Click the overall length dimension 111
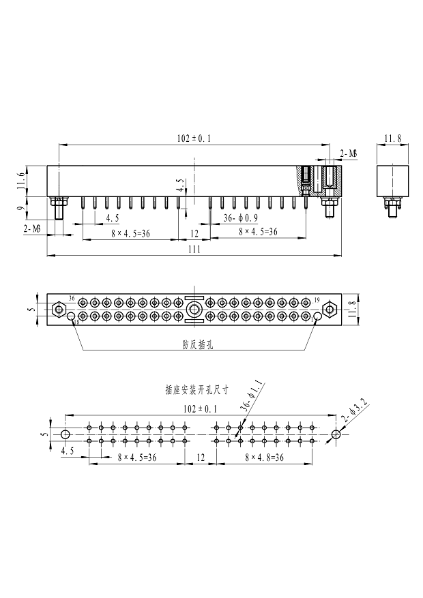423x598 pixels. [194, 250]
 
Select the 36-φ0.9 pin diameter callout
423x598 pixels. [241, 218]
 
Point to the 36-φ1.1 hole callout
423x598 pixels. [252, 396]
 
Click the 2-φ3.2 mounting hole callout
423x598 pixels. [355, 412]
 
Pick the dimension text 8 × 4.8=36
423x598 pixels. [264, 458]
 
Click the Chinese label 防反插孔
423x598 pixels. [198, 345]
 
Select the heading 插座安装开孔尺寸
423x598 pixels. [196, 390]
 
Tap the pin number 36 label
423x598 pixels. [72, 298]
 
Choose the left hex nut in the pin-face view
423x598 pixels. [59, 308]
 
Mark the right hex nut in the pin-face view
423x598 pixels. [329, 308]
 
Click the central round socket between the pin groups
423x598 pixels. [194, 308]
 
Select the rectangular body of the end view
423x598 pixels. [392, 181]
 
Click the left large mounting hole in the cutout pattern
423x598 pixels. [65, 434]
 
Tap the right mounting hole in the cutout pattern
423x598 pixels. [336, 434]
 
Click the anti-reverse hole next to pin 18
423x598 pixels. [71, 316]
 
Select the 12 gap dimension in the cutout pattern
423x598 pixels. [201, 458]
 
